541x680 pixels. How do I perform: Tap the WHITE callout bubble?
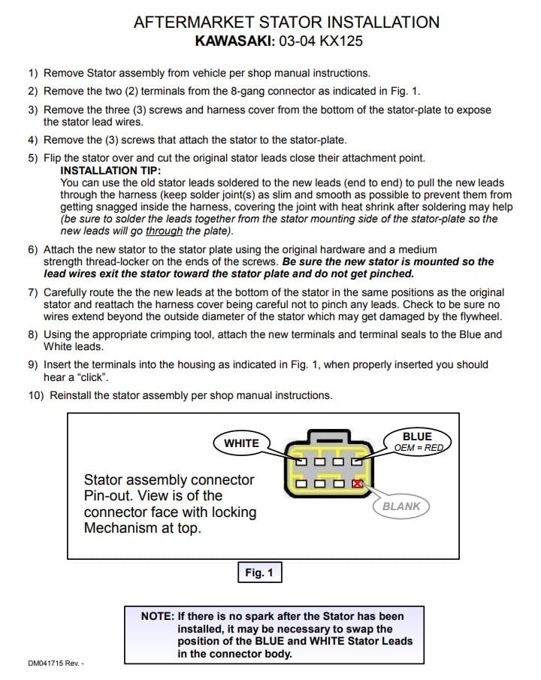click(241, 443)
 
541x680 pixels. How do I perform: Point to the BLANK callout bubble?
click(401, 506)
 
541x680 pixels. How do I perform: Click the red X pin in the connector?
click(358, 484)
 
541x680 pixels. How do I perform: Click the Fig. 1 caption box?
click(259, 573)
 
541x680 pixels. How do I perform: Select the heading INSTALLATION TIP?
click(115, 171)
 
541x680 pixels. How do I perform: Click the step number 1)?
click(34, 74)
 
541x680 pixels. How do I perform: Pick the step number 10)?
click(36, 395)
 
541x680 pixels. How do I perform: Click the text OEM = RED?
click(419, 448)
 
